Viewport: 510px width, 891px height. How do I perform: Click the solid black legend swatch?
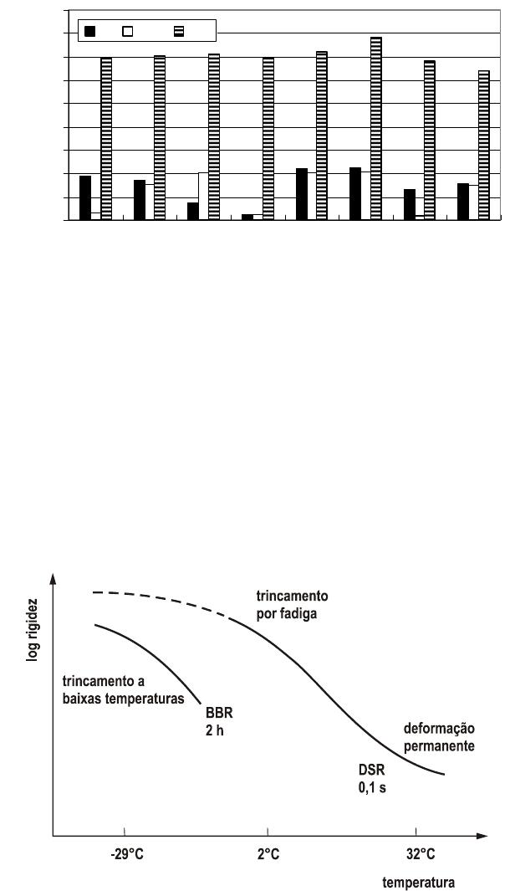(89, 31)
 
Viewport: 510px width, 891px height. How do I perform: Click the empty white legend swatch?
(128, 31)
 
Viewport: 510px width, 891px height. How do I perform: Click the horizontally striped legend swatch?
(179, 31)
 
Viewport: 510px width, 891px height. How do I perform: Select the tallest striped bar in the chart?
(376, 129)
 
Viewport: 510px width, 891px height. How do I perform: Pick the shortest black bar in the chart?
(247, 217)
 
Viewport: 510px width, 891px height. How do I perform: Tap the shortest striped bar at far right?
(484, 145)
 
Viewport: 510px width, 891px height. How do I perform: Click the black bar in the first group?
(85, 197)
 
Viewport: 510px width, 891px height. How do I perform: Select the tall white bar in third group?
(203, 196)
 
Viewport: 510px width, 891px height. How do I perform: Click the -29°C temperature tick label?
(128, 855)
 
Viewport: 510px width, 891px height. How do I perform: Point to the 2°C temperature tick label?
(268, 855)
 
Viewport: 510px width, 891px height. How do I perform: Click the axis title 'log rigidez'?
(33, 630)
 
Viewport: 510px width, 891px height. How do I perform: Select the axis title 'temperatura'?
(419, 883)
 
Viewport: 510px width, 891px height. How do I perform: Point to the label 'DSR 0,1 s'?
(372, 780)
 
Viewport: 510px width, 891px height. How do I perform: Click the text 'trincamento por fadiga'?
(292, 605)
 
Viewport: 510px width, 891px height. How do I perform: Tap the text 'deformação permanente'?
(439, 737)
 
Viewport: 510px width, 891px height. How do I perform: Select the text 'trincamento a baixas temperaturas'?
(124, 690)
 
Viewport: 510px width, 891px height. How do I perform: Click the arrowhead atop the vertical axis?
(53, 578)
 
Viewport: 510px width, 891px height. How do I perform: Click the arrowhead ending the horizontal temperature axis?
(482, 836)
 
